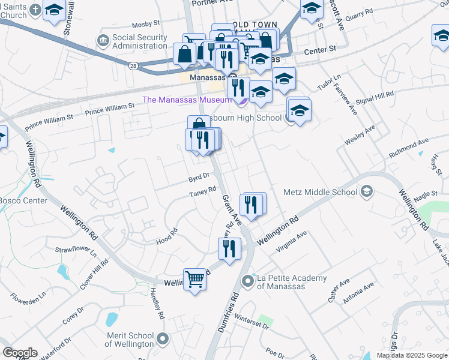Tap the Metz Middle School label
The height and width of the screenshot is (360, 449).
324,192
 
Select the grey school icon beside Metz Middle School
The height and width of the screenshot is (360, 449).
366,192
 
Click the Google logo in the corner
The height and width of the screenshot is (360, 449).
20,353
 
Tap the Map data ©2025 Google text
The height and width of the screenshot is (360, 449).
412,355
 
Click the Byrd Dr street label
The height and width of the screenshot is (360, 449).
198,178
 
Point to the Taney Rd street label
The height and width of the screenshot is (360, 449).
202,191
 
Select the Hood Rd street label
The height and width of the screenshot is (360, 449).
167,235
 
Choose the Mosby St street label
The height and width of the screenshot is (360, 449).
146,24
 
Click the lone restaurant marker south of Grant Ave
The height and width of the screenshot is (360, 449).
229,249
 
